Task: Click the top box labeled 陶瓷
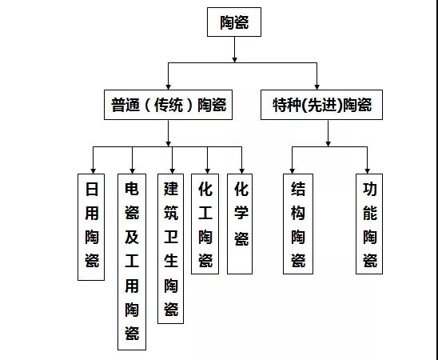234,22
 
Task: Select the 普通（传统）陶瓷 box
168,105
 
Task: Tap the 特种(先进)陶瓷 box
321,105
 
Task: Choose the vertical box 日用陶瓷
91,227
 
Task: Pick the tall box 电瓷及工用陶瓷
132,262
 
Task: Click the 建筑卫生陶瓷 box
171,249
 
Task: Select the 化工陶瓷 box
205,224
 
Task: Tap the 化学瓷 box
240,224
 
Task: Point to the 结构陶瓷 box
298,224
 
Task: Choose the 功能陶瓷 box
369,224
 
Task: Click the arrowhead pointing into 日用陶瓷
94,171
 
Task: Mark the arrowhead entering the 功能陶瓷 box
368,171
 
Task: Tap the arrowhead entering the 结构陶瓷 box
293,171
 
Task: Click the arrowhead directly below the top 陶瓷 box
235,60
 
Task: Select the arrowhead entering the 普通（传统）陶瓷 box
168,87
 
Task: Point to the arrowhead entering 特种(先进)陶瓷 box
317,87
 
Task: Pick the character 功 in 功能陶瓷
370,190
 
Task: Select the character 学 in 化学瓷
241,213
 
